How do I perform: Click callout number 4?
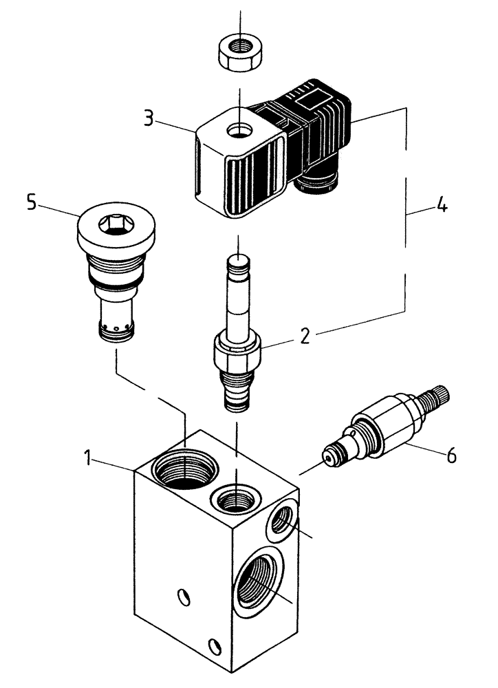440,206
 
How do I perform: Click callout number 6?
451,455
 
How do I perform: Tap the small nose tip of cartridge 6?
329,455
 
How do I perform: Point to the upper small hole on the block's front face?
184,596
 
